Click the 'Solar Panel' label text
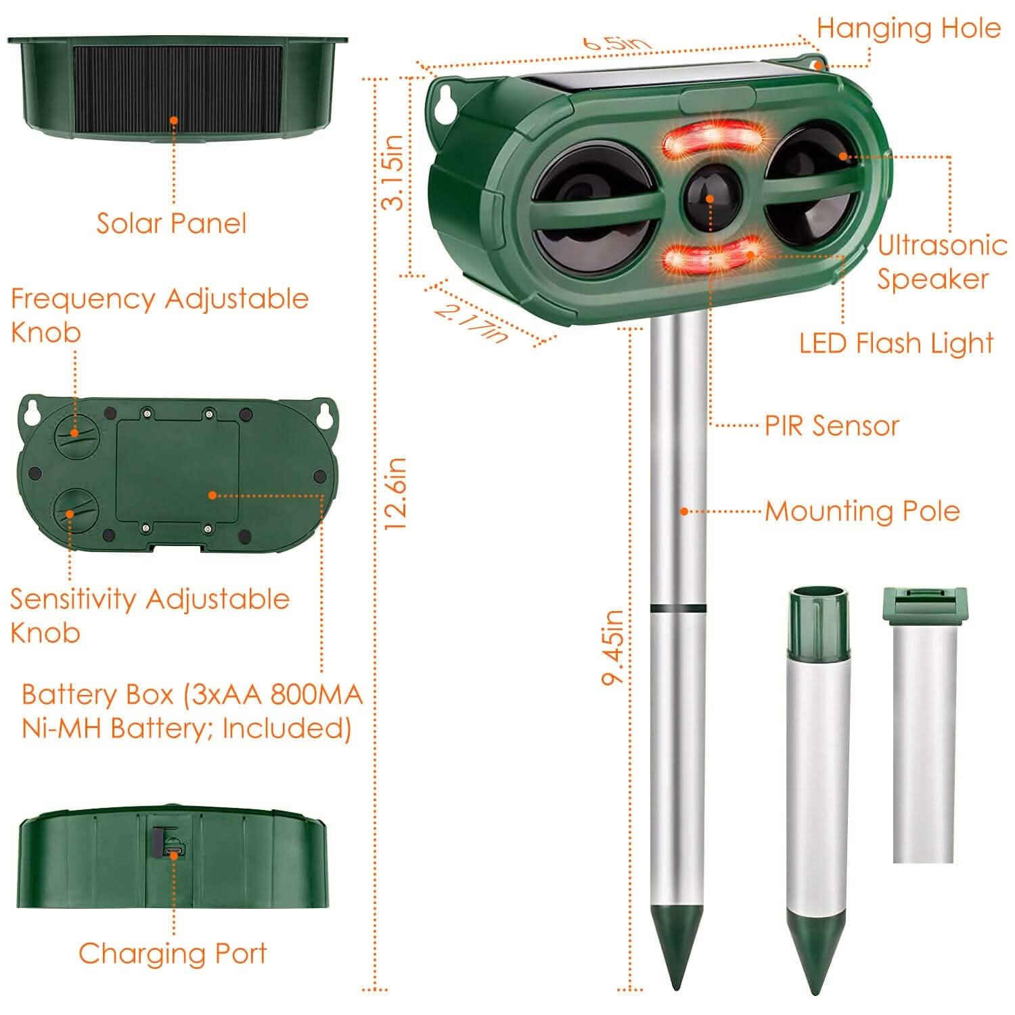(171, 223)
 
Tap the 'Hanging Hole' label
(908, 28)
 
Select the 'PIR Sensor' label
(832, 426)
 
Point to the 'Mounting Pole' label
(862, 512)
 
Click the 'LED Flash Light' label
(896, 344)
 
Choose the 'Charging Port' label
(173, 953)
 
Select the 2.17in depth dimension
(472, 322)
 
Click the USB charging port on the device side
(173, 849)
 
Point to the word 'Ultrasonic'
(942, 245)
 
